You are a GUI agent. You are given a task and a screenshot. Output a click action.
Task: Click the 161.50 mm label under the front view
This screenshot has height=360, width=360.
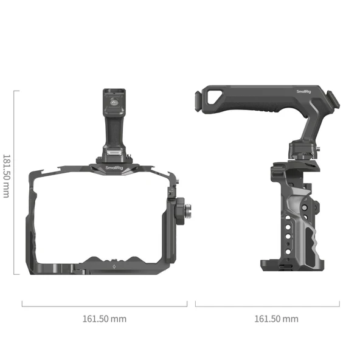105,318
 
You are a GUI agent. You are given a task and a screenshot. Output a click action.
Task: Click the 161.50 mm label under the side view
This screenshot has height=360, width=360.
275,318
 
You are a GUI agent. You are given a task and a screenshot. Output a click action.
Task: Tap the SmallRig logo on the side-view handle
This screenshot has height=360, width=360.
303,92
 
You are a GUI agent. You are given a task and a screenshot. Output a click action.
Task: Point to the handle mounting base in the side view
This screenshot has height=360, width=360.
304,149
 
